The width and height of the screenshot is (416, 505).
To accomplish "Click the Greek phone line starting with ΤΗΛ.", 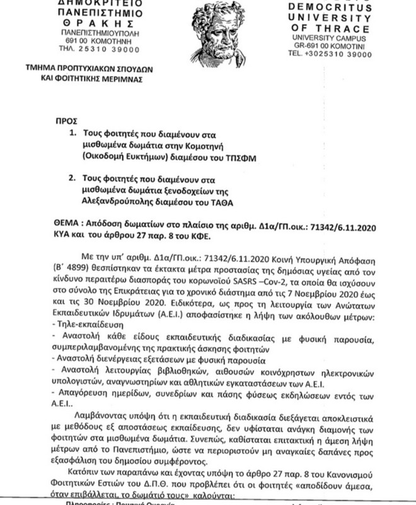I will pyautogui.click(x=69, y=48).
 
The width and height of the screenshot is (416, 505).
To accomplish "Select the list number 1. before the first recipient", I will pyautogui.click(x=72, y=134).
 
